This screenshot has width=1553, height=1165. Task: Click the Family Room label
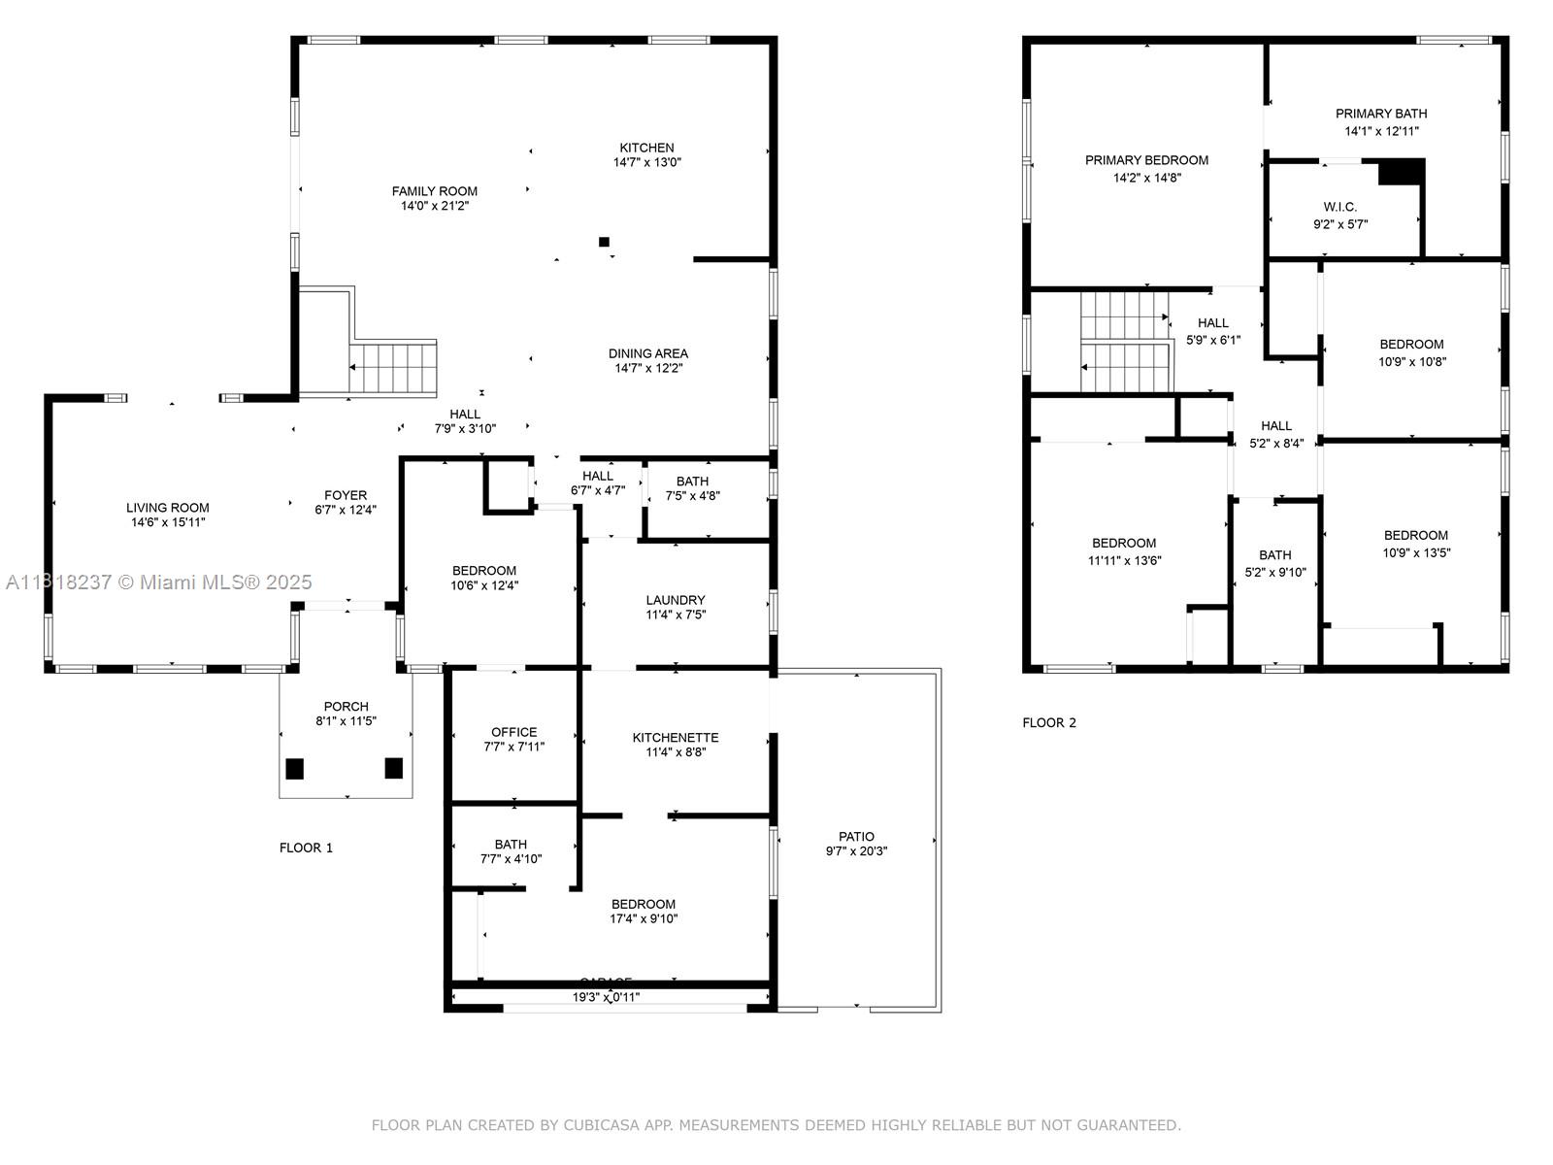pyautogui.click(x=434, y=191)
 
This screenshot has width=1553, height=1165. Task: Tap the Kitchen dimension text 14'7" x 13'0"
pyautogui.click(x=646, y=163)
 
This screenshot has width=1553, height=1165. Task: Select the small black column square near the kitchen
pyautogui.click(x=604, y=242)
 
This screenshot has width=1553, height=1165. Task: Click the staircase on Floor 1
pyautogui.click(x=393, y=367)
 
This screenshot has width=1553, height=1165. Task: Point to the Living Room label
pyautogui.click(x=167, y=508)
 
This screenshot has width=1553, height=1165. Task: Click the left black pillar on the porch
pyautogui.click(x=295, y=769)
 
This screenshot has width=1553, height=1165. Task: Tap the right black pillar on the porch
pyautogui.click(x=393, y=768)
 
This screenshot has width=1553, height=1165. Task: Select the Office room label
pyautogui.click(x=513, y=732)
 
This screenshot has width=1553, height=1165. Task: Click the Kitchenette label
pyautogui.click(x=675, y=737)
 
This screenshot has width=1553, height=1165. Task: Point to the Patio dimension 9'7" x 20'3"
pyautogui.click(x=856, y=851)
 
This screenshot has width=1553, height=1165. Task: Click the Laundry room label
pyautogui.click(x=675, y=600)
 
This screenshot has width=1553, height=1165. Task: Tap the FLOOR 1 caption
pyautogui.click(x=306, y=848)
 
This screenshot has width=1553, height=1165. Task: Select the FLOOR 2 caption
pyautogui.click(x=1048, y=722)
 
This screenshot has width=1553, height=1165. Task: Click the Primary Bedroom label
pyautogui.click(x=1146, y=160)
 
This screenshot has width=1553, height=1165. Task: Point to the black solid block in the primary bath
pyautogui.click(x=1401, y=172)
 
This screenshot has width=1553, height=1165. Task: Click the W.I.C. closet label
pyautogui.click(x=1339, y=207)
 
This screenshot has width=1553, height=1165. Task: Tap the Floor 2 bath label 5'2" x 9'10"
pyautogui.click(x=1274, y=573)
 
